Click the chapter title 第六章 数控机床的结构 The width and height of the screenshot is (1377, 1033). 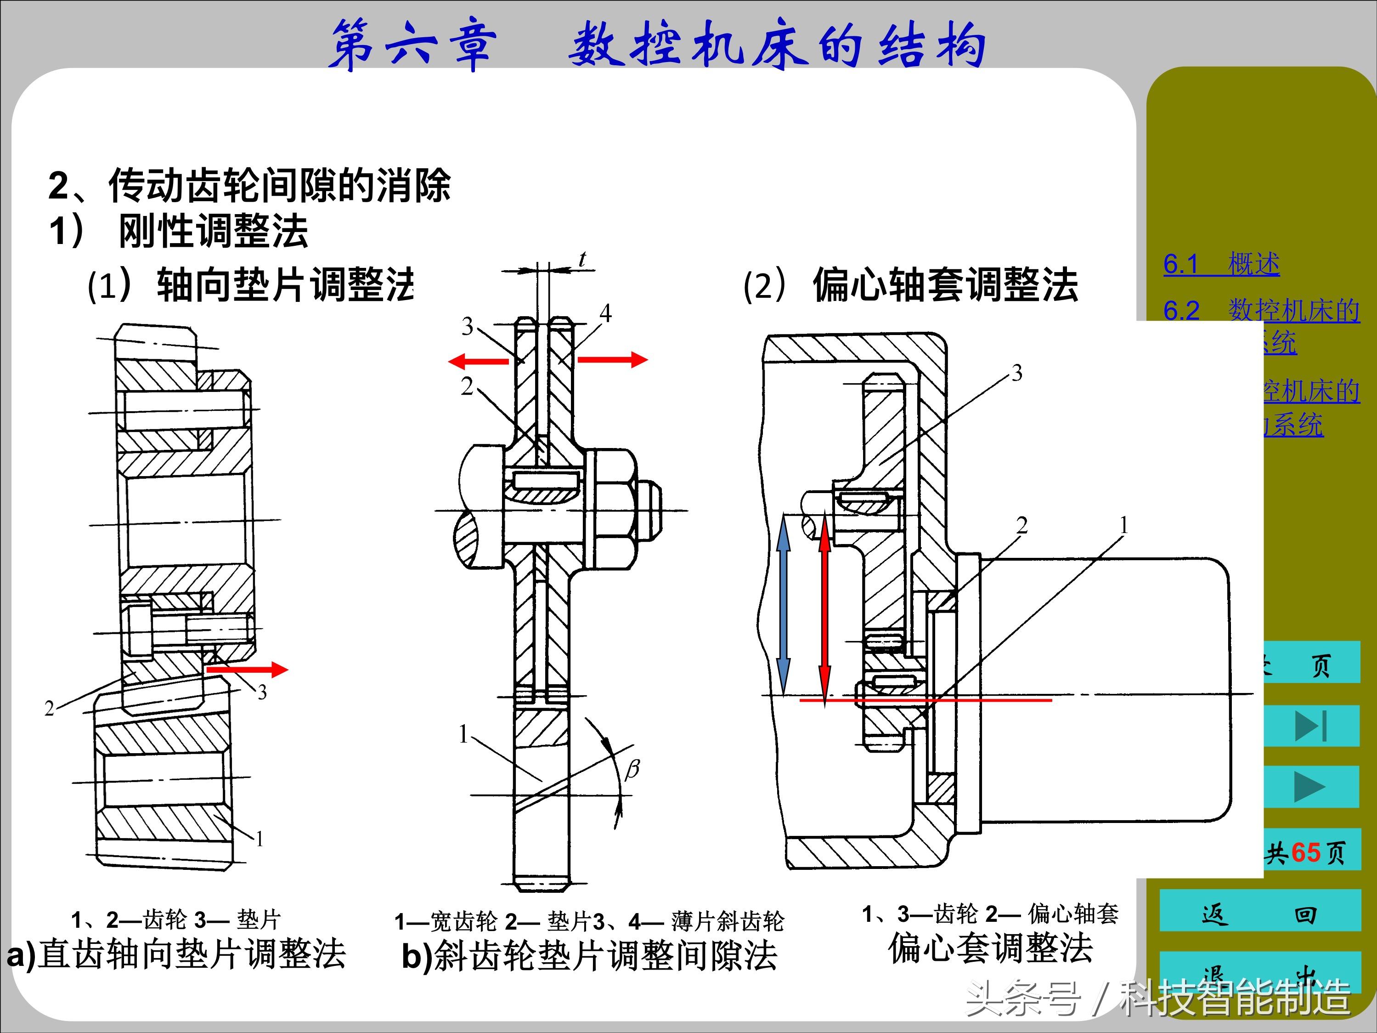[657, 45]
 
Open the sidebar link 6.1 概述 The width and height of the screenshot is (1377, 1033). [1221, 264]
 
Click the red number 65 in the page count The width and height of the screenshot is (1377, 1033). [1305, 852]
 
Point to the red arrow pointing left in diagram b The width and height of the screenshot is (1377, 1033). [478, 361]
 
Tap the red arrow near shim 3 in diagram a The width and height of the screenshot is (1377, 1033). [247, 670]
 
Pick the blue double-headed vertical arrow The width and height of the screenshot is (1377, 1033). [783, 612]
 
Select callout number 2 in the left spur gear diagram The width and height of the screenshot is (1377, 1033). [50, 708]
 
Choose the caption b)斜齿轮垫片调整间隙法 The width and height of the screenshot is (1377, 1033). [589, 956]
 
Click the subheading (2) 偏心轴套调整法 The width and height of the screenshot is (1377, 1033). [910, 285]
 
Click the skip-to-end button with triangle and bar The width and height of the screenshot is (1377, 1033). [1310, 726]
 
